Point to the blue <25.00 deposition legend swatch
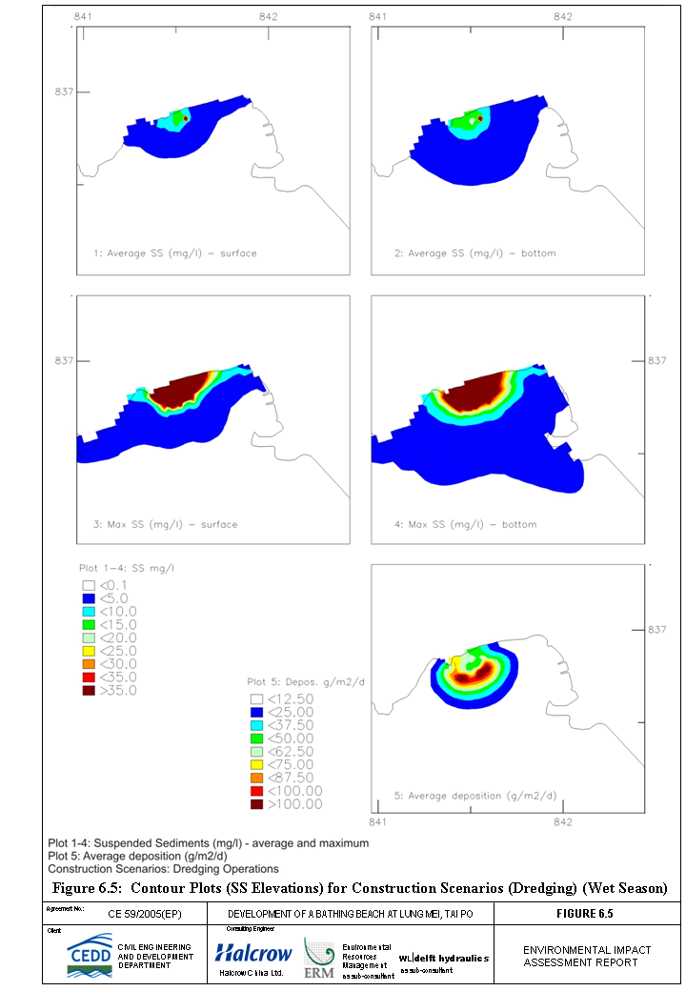(x=256, y=712)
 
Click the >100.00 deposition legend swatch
(x=256, y=804)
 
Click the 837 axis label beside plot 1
(x=64, y=91)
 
